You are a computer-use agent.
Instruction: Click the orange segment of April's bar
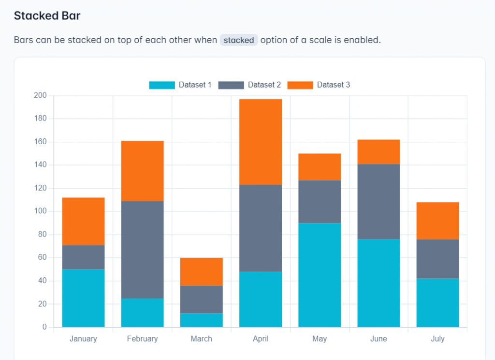pyautogui.click(x=261, y=142)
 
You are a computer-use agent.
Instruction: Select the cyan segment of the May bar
pyautogui.click(x=320, y=275)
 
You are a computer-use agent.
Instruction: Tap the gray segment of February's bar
pyautogui.click(x=143, y=249)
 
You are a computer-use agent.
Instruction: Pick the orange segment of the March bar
pyautogui.click(x=202, y=271)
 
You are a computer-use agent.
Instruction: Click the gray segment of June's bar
pyautogui.click(x=379, y=201)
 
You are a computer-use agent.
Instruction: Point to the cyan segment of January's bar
pyautogui.click(x=84, y=298)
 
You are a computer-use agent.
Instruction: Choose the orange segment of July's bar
pyautogui.click(x=437, y=221)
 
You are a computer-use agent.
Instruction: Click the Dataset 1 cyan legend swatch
pyautogui.click(x=162, y=85)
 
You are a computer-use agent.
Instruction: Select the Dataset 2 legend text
pyautogui.click(x=264, y=85)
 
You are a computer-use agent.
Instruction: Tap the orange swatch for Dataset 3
pyautogui.click(x=300, y=85)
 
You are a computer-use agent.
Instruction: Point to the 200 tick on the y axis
pyautogui.click(x=40, y=95)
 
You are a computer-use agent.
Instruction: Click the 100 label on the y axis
pyautogui.click(x=40, y=211)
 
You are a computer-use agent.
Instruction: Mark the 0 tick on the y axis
pyautogui.click(x=44, y=327)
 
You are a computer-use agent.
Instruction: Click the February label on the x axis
pyautogui.click(x=143, y=339)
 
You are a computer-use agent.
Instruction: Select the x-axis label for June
pyautogui.click(x=379, y=339)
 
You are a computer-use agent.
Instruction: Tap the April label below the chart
pyautogui.click(x=261, y=339)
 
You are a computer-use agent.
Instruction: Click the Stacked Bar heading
pyautogui.click(x=47, y=16)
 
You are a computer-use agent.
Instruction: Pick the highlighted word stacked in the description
pyautogui.click(x=239, y=40)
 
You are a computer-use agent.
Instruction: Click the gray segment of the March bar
pyautogui.click(x=202, y=300)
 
